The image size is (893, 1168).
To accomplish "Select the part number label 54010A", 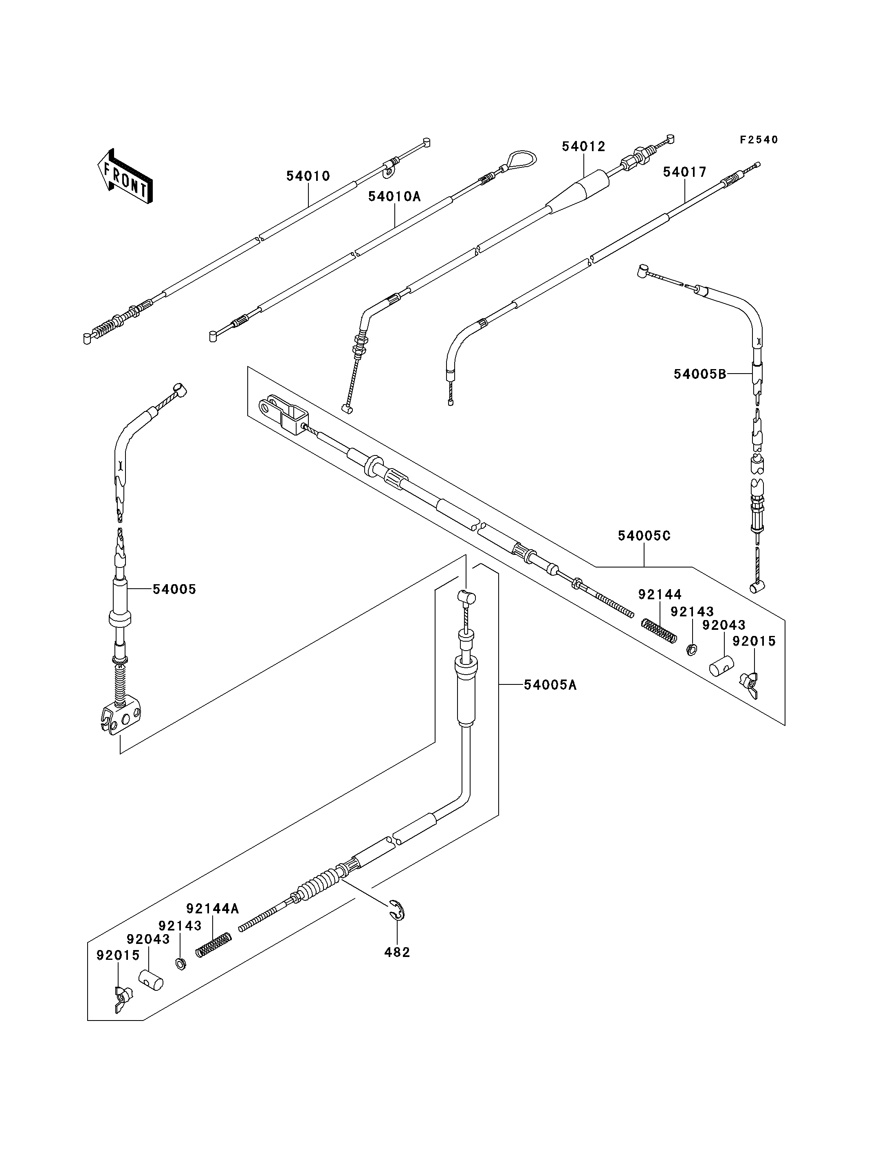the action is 394,197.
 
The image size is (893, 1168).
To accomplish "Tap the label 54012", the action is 584,147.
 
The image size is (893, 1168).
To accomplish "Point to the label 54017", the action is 685,172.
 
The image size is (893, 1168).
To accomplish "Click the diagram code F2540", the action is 759,140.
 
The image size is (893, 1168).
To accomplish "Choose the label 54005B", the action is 699,374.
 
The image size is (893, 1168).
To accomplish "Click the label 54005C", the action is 644,536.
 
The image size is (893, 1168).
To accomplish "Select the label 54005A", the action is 550,685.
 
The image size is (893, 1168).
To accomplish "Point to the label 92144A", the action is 212,908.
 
